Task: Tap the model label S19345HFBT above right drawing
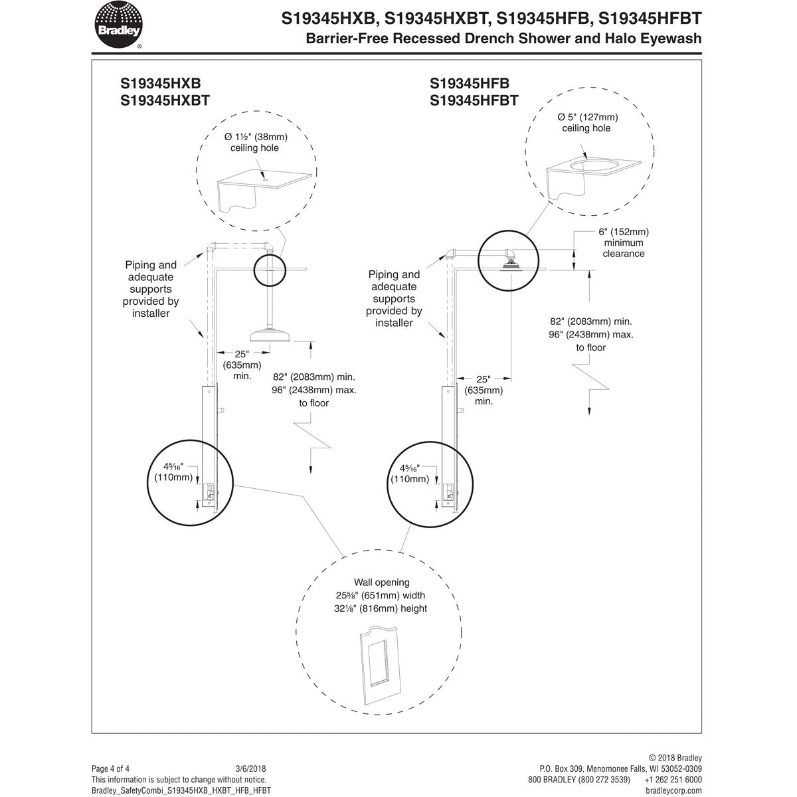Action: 474,101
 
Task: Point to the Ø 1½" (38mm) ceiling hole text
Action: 255,142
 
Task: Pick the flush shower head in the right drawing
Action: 511,264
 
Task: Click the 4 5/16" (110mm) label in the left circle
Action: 174,472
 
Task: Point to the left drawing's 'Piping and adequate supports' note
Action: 151,289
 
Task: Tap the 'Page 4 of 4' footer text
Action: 110,768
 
